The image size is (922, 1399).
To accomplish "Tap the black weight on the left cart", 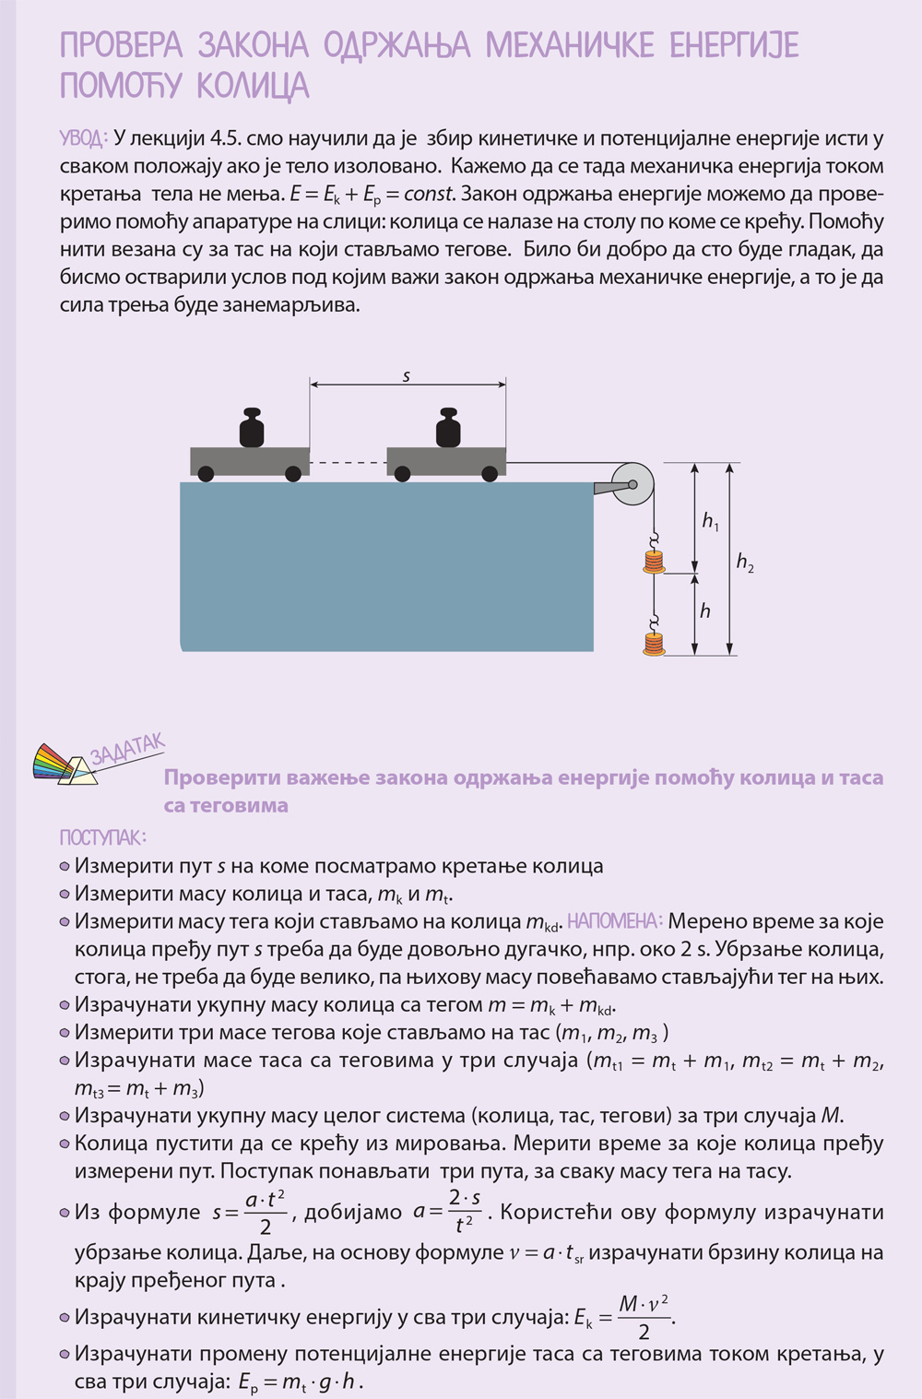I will click(x=252, y=428).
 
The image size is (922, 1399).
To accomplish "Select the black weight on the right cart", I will click(x=448, y=428).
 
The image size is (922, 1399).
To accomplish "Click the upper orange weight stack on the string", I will click(x=654, y=562).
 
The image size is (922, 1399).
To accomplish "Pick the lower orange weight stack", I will click(x=654, y=643).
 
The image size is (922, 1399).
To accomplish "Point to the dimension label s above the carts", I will click(x=407, y=375).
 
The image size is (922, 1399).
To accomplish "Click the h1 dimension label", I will click(x=710, y=521).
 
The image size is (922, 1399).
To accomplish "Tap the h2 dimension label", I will click(x=745, y=562).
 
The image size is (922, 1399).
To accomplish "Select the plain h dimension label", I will click(x=705, y=611).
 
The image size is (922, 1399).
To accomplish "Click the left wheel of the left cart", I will click(x=207, y=474).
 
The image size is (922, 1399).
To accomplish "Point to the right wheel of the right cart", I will click(x=489, y=474).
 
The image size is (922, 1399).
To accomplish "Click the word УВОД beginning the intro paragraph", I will click(x=83, y=138).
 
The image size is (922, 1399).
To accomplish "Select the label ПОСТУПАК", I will click(x=102, y=837).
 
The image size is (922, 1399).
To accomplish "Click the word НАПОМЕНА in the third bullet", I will click(x=615, y=921).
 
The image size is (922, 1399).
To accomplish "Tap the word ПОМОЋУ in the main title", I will click(x=121, y=86).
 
